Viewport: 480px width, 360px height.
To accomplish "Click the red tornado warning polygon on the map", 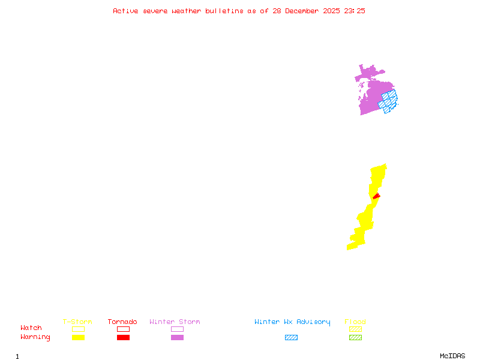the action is point(376,196).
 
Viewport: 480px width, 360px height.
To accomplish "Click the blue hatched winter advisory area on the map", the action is point(389,101).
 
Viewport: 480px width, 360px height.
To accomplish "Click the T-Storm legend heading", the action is point(77,322).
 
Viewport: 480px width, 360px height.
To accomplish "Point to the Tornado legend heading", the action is point(122,322).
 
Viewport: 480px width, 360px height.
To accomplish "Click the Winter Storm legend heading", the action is point(175,322).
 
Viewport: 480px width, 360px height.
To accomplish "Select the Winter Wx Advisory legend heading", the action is point(292,322).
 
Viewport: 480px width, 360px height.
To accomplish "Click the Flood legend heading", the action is point(355,322).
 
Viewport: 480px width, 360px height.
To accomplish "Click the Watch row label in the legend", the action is point(31,328).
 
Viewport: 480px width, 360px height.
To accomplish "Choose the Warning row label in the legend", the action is point(35,337).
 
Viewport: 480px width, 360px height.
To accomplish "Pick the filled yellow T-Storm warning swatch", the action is point(78,338).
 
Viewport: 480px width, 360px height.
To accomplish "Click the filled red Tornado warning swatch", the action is point(123,338).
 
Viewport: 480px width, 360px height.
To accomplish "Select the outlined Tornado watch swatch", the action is point(123,329).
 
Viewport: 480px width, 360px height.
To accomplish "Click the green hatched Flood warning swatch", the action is point(355,338).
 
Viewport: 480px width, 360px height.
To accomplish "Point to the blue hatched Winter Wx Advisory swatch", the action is point(291,338).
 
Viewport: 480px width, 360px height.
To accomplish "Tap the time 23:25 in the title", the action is point(355,11).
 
